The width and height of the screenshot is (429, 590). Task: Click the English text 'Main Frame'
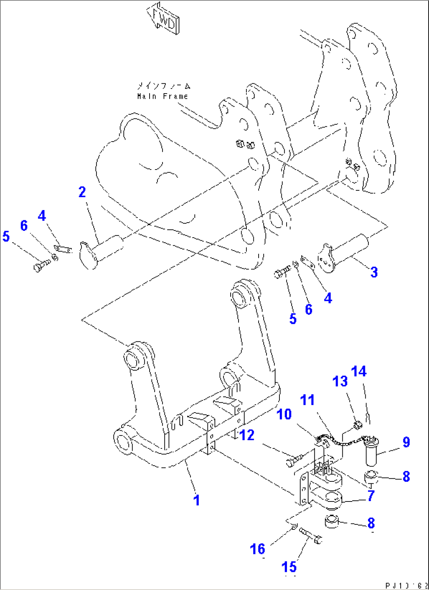[163, 96]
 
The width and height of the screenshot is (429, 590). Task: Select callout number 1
[197, 500]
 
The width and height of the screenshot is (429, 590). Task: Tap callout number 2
[82, 192]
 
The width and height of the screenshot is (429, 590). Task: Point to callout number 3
[374, 272]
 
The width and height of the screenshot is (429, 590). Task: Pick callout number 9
[406, 442]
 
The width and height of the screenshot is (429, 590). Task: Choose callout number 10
[284, 414]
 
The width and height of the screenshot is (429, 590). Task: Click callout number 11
[307, 400]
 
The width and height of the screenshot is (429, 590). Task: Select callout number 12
[247, 435]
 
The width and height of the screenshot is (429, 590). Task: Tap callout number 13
[340, 381]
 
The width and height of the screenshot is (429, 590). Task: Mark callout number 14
[359, 371]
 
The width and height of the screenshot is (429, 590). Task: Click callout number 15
[289, 567]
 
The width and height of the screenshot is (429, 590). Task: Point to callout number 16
[258, 549]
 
